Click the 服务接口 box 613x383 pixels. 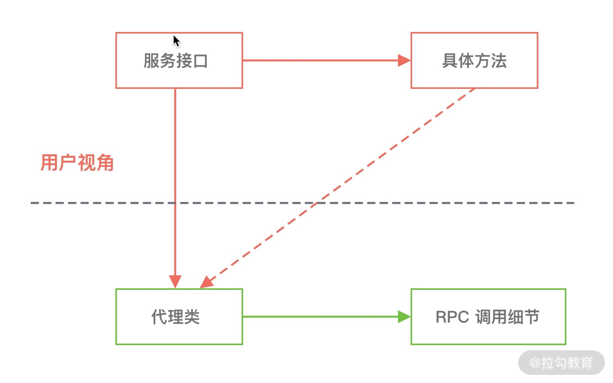point(179,60)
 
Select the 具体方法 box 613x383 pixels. point(474,60)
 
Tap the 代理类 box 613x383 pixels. point(179,317)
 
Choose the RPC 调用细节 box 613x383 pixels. point(488,317)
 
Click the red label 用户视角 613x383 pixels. point(77,162)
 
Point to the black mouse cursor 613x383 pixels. point(176,41)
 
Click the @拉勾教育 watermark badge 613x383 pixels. point(561,363)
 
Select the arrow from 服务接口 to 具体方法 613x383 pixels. point(321,60)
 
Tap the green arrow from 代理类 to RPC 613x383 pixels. point(321,317)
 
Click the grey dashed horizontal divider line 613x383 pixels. point(436,203)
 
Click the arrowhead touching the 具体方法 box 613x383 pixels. point(404,60)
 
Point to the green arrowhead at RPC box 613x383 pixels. point(404,317)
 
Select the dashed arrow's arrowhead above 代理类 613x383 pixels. point(206,282)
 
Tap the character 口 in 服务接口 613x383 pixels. point(200,60)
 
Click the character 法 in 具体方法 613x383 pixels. point(498,60)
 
